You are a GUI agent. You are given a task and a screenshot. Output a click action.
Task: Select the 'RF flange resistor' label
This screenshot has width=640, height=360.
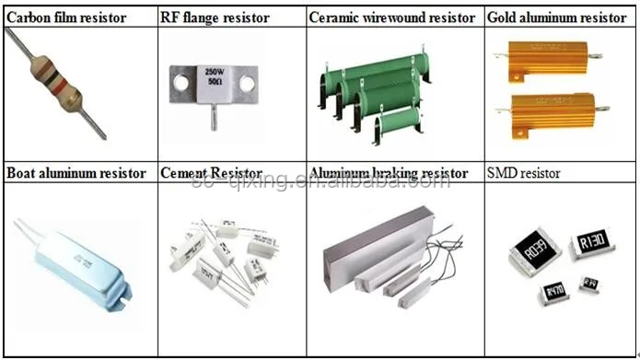pyautogui.click(x=215, y=17)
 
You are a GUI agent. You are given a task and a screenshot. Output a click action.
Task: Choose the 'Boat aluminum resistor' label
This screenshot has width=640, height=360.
pyautogui.click(x=76, y=172)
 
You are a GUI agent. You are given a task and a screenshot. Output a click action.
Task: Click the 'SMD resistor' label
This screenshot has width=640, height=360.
pyautogui.click(x=522, y=173)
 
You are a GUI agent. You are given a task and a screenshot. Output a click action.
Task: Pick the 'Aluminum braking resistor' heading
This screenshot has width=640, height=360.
pyautogui.click(x=389, y=172)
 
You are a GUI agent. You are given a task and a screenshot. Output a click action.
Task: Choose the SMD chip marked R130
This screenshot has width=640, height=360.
pyautogui.click(x=591, y=244)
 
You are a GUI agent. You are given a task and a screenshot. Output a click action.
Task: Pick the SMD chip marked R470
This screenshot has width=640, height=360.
pyautogui.click(x=555, y=293)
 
